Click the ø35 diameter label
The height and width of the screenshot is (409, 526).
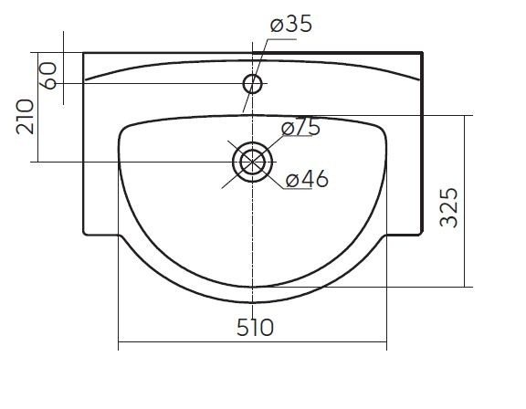(291, 24)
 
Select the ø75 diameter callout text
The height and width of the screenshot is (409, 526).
(301, 127)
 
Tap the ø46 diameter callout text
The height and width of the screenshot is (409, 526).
(307, 179)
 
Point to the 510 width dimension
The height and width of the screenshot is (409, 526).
(256, 327)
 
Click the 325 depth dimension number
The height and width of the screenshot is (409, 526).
(449, 207)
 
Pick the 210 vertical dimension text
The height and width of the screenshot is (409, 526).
(26, 116)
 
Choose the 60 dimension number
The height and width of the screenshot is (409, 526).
(48, 76)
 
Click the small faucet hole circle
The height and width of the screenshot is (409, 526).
(252, 84)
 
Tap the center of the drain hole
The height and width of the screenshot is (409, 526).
(252, 162)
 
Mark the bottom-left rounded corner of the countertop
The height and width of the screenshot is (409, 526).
(84, 234)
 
